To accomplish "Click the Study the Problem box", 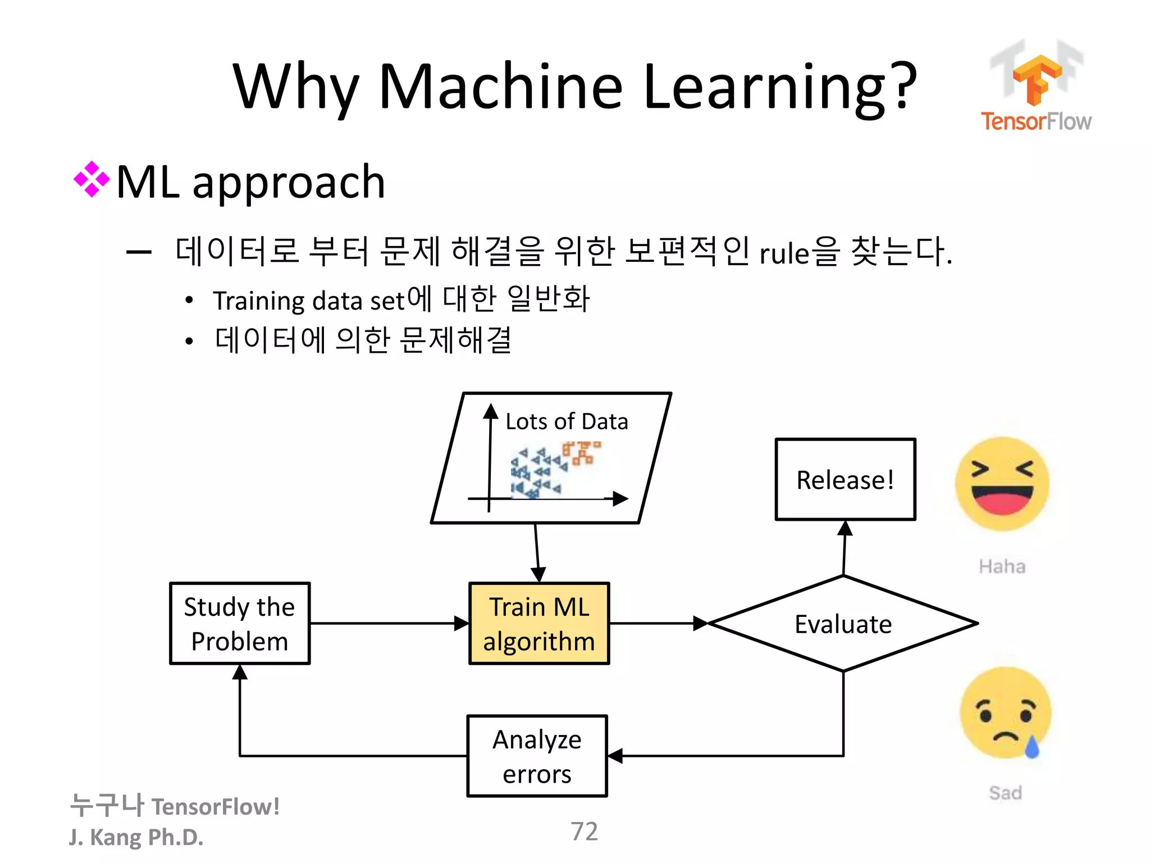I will coord(240,624).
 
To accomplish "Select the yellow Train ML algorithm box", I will coord(539,624).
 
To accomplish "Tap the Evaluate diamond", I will coord(843,624).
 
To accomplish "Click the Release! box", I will coord(845,479).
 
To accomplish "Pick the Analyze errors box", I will coord(537,756).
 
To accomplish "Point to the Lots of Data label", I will coord(566,421).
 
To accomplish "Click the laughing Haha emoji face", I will coord(1002,484).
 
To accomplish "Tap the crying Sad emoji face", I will coord(1005,712).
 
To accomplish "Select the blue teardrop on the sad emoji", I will coord(1032,747).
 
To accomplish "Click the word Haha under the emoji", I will coord(1002,566).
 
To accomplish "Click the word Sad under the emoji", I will coord(1005,793).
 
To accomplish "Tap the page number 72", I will coord(584,832).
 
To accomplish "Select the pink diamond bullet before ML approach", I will coord(92,180).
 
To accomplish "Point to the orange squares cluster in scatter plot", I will coord(582,453).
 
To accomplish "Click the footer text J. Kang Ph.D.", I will coord(136,837).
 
